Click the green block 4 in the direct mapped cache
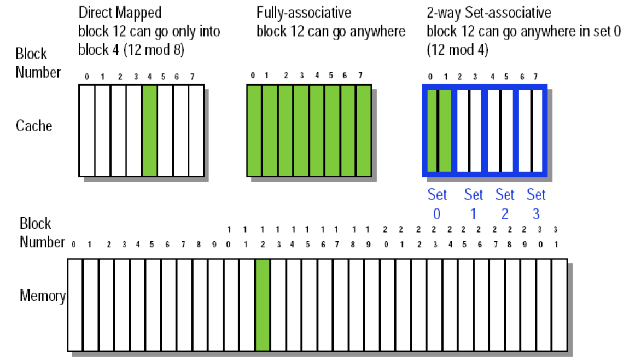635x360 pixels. pyautogui.click(x=149, y=130)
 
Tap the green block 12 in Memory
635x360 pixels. pyautogui.click(x=263, y=305)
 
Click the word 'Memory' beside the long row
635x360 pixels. pyautogui.click(x=42, y=296)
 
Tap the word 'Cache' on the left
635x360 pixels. pyautogui.click(x=34, y=126)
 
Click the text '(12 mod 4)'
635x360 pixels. pyautogui.click(x=457, y=50)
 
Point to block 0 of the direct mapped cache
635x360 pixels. pyautogui.click(x=87, y=130)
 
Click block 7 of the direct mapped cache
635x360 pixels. pyautogui.click(x=196, y=130)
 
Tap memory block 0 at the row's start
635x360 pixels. pyautogui.click(x=75, y=305)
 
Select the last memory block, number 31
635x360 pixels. pyautogui.click(x=559, y=305)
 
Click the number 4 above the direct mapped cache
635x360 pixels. pyautogui.click(x=150, y=77)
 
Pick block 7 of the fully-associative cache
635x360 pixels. pyautogui.click(x=364, y=130)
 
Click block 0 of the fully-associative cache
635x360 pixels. pyautogui.click(x=254, y=130)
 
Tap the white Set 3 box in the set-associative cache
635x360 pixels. pyautogui.click(x=531, y=130)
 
